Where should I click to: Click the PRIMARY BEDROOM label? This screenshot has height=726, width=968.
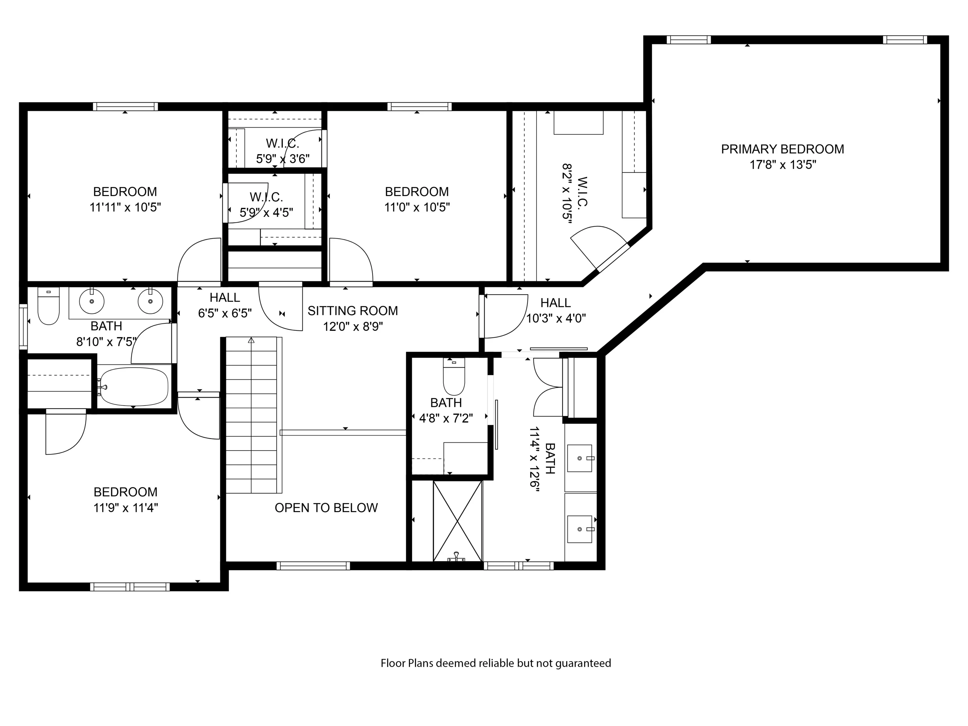tap(782, 149)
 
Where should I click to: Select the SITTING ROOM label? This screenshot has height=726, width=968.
tap(353, 311)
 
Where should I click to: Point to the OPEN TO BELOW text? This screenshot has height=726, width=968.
tap(326, 508)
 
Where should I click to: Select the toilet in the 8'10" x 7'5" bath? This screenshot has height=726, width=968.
tap(49, 306)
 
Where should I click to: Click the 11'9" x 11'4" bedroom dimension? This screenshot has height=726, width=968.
tap(126, 508)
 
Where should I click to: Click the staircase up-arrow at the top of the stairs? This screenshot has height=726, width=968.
tap(251, 340)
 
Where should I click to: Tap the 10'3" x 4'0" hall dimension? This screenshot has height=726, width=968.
tap(556, 318)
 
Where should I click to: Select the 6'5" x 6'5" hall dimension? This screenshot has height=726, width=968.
tap(225, 313)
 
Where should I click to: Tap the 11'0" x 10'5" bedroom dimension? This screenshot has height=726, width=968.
tap(417, 207)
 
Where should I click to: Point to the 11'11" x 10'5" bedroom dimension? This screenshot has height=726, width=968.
tap(125, 207)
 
